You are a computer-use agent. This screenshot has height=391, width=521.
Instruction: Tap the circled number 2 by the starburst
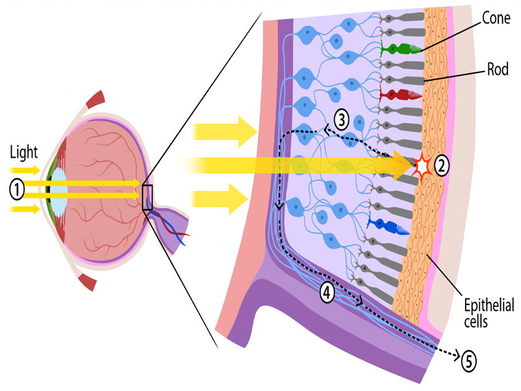(x=442, y=166)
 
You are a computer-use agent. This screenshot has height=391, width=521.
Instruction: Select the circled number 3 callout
(x=342, y=119)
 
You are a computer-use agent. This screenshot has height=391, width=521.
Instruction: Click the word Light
(x=23, y=154)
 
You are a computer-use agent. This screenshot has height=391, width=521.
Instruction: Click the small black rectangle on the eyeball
(x=147, y=197)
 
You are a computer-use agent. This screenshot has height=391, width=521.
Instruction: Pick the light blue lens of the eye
(x=59, y=190)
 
